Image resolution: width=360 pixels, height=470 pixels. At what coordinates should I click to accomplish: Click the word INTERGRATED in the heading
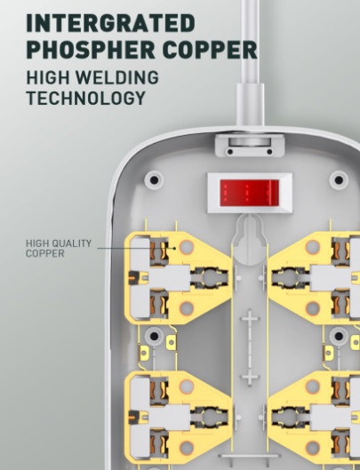click(x=111, y=23)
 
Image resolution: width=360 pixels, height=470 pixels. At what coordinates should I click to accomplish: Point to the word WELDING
click(x=116, y=77)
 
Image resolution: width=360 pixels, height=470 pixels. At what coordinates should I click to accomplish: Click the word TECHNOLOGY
click(x=86, y=98)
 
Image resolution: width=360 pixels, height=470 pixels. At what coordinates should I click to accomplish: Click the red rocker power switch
click(x=250, y=193)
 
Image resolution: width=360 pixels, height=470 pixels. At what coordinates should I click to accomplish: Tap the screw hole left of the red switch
click(x=154, y=179)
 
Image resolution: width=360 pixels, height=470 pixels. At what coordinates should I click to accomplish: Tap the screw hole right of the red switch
click(x=339, y=179)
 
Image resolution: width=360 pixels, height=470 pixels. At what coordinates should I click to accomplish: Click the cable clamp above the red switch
click(x=250, y=147)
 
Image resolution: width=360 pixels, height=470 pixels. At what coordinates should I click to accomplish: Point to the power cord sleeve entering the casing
click(x=251, y=107)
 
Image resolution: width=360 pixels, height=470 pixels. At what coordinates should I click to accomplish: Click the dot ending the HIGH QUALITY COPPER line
click(x=174, y=248)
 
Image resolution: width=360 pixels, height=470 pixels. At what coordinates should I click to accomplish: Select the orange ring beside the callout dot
click(x=187, y=247)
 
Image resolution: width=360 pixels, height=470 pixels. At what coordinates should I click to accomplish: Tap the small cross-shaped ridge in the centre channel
click(x=249, y=347)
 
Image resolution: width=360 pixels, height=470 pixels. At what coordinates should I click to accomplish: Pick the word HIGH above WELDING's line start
click(x=48, y=77)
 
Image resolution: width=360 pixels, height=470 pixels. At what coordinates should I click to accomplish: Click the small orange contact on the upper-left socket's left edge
click(x=132, y=277)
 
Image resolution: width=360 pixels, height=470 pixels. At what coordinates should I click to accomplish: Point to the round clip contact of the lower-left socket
click(x=210, y=417)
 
